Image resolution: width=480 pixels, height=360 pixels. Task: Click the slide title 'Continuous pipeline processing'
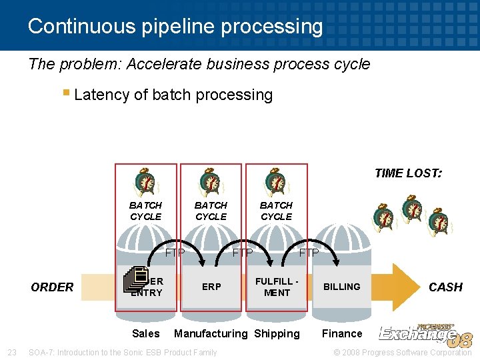click(x=175, y=26)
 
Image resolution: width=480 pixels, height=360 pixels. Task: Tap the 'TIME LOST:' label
click(x=408, y=173)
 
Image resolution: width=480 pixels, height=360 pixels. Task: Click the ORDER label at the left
click(x=52, y=287)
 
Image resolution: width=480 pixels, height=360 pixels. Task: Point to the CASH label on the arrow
click(x=445, y=287)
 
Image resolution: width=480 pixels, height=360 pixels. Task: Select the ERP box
click(x=211, y=287)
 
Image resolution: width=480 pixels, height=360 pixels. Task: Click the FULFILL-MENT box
click(x=277, y=287)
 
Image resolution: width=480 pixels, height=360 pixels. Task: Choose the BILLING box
click(x=341, y=287)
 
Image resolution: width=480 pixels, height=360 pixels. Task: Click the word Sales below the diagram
click(x=145, y=333)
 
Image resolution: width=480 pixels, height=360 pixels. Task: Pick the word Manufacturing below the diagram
click(x=210, y=333)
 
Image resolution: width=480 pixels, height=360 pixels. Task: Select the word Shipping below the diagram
click(x=277, y=333)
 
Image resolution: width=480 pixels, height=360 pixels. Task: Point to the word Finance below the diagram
click(x=342, y=333)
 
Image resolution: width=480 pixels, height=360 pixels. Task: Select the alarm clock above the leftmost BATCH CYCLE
click(x=145, y=183)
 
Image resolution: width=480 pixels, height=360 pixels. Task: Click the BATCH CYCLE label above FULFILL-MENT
click(x=276, y=211)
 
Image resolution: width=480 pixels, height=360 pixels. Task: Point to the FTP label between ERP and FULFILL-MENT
click(x=242, y=253)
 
